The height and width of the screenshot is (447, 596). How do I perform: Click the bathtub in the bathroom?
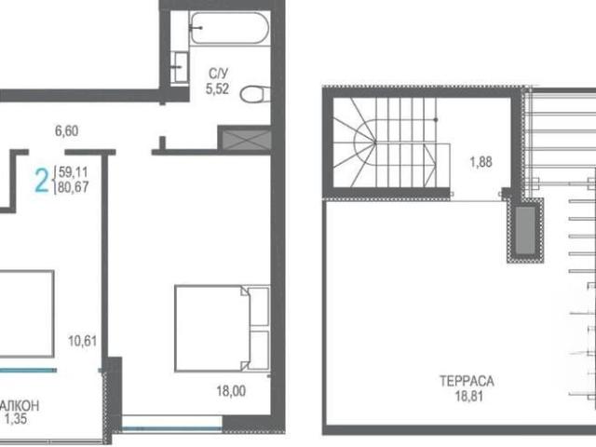229,28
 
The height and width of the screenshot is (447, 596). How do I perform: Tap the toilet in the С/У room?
255,94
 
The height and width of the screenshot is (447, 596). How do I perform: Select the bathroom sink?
180,67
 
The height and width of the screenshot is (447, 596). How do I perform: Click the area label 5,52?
217,89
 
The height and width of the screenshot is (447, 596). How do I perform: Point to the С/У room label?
218,74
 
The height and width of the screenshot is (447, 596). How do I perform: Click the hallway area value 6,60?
67,130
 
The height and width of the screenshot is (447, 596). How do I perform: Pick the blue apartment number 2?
42,181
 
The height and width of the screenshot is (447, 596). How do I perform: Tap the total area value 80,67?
74,187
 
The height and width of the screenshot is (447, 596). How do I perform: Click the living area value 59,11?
74,172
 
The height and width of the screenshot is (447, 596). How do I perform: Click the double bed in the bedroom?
223,328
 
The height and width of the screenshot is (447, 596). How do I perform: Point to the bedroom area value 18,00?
231,391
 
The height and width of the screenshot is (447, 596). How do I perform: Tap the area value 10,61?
83,341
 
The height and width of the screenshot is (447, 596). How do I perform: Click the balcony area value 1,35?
16,419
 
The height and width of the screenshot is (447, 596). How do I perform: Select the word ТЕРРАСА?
467,381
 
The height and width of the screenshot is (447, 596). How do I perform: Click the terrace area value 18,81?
469,396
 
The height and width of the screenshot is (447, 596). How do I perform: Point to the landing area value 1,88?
481,162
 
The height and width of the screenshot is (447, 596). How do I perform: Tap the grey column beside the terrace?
525,231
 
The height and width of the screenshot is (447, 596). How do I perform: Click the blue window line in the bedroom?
171,428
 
